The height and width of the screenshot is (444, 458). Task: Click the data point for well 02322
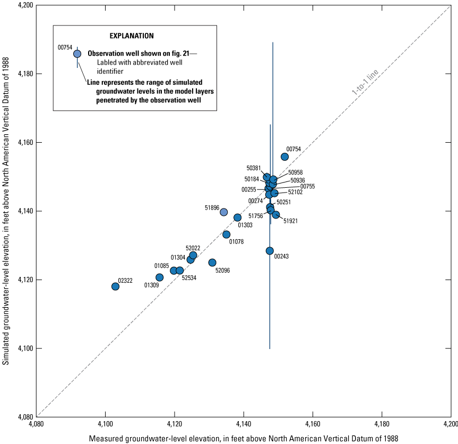point(115,286)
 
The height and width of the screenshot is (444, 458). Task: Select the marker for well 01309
point(160,277)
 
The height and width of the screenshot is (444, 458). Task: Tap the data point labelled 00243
point(270,251)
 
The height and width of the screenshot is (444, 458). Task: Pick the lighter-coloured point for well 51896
point(224,212)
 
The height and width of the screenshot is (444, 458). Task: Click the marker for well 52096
point(212,263)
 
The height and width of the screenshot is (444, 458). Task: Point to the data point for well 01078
point(227,234)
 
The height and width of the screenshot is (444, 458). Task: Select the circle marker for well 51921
point(276,215)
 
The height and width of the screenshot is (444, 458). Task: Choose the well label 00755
point(307,186)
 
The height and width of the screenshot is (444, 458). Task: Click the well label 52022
point(193,248)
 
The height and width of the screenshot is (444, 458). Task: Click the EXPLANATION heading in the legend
point(132,36)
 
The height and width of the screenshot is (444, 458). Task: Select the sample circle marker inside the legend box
point(77,54)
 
